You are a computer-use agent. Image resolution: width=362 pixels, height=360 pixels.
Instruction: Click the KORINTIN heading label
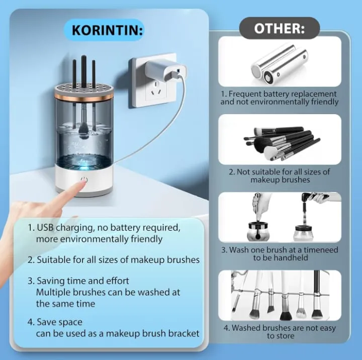click(x=107, y=30)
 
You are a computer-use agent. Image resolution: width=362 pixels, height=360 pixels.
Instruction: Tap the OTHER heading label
click(x=280, y=28)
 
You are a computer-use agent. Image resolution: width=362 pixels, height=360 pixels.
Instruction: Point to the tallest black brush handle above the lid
click(x=84, y=71)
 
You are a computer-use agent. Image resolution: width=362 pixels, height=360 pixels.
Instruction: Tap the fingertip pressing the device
click(x=81, y=184)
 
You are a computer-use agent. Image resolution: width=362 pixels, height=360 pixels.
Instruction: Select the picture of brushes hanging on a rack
click(x=280, y=295)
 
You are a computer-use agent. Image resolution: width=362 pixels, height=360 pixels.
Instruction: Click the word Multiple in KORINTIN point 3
click(x=53, y=292)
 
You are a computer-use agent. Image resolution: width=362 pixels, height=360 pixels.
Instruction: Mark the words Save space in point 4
click(x=59, y=322)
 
